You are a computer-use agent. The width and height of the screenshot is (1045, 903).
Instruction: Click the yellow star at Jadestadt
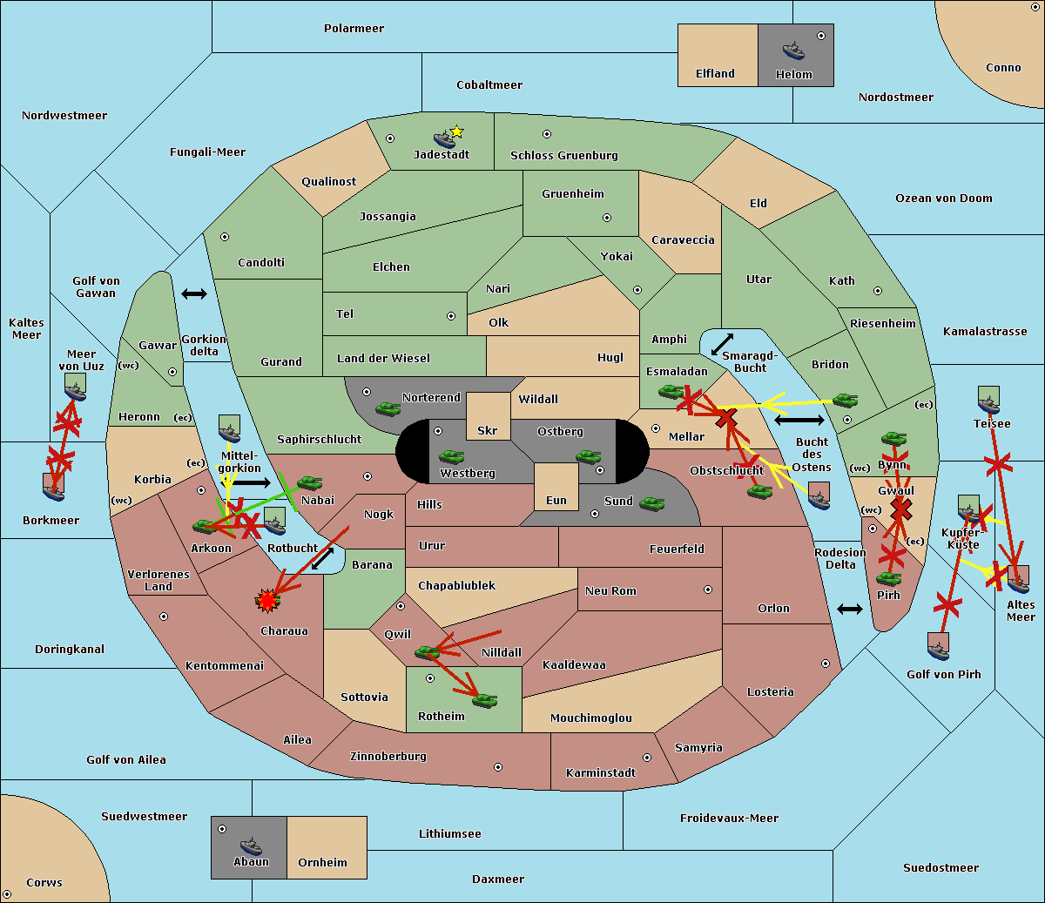click(456, 132)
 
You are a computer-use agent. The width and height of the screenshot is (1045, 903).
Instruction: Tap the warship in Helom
click(793, 51)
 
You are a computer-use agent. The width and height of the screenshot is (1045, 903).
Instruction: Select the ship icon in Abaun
click(251, 846)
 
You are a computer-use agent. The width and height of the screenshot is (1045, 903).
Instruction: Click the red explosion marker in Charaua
click(267, 601)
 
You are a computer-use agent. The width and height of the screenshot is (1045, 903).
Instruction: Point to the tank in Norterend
click(388, 408)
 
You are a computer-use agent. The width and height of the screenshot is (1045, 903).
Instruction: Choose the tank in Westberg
click(451, 456)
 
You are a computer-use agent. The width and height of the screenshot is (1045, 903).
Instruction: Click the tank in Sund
click(651, 503)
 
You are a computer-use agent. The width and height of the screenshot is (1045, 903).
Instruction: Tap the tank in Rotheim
click(485, 700)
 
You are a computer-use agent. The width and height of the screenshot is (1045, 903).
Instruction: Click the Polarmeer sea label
click(354, 29)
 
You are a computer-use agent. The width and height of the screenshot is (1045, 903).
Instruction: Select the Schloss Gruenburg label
click(564, 155)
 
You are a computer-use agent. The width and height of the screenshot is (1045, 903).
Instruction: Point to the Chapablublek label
click(456, 585)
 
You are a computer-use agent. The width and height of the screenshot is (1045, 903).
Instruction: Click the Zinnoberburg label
click(388, 757)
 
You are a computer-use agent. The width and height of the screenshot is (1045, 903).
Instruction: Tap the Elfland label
click(715, 74)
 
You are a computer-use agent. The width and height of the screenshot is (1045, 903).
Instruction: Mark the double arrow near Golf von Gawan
click(194, 293)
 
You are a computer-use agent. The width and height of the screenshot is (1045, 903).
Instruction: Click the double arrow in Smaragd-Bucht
click(722, 344)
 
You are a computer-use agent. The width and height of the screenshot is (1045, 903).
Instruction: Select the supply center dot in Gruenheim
click(607, 218)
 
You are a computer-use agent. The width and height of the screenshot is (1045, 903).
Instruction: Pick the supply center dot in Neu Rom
click(708, 590)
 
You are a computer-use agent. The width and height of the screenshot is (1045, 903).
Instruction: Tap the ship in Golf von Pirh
click(938, 647)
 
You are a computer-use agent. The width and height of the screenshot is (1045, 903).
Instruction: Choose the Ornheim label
click(322, 863)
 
